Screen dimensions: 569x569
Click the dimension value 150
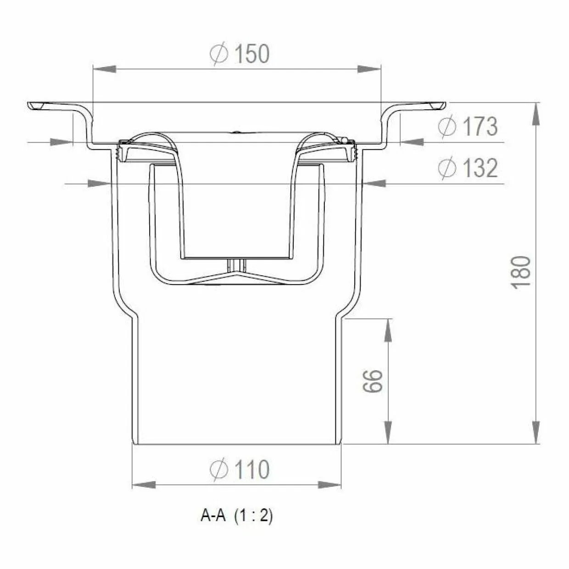[252, 54]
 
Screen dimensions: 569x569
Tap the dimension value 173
[480, 127]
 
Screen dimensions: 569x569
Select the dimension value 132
[480, 168]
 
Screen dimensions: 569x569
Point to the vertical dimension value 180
[521, 272]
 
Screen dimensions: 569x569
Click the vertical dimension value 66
[373, 381]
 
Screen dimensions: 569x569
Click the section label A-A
[213, 516]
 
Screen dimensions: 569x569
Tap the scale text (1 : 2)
[253, 517]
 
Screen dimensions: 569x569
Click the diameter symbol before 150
[219, 54]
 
